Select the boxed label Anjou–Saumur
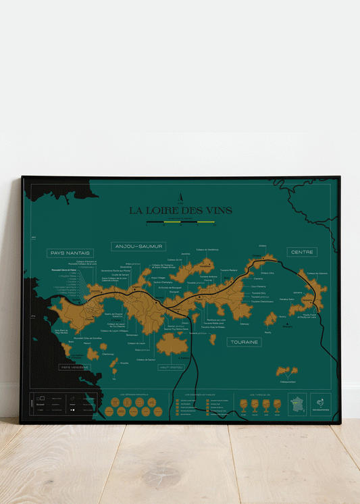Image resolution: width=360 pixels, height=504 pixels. tap(139, 247)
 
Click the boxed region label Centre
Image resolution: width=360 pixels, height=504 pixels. tap(302, 252)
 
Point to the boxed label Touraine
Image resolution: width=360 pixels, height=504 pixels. tap(245, 343)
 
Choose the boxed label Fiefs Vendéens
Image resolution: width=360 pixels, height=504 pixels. tap(74, 367)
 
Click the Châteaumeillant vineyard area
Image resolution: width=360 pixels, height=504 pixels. tap(286, 372)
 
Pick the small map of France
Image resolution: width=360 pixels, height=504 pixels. tap(297, 404)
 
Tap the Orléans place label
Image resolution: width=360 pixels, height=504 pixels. tap(263, 247)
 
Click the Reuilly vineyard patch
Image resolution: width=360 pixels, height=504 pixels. tap(271, 319)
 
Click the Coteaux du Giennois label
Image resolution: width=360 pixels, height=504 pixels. tap(317, 274)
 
